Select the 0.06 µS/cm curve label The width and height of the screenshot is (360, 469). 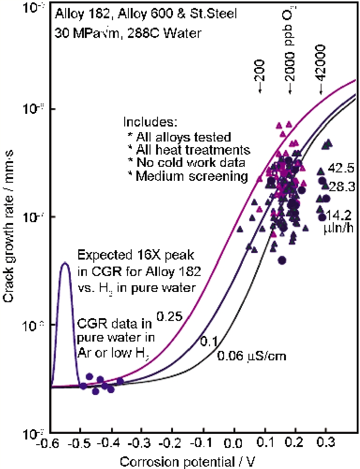[x=251, y=357]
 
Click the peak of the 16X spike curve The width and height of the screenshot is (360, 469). [x=65, y=263]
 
